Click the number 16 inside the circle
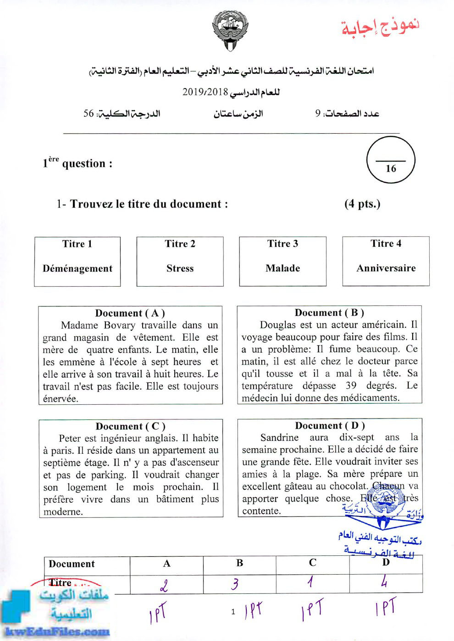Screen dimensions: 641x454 391,168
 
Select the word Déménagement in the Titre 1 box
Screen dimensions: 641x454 78,269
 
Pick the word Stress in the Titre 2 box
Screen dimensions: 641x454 180,268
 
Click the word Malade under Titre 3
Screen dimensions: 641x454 282,268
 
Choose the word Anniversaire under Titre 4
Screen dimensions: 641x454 386,268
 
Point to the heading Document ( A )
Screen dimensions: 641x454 130,313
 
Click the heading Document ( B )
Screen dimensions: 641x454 329,313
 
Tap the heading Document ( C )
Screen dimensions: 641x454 131,426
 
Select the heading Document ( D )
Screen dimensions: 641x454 330,425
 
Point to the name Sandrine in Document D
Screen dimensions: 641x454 279,438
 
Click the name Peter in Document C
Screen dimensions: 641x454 70,438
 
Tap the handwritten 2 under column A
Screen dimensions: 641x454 164,585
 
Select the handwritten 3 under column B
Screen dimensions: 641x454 235,584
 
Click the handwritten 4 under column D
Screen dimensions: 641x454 384,582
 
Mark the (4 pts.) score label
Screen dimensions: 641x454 362,204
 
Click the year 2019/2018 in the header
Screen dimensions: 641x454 205,92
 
